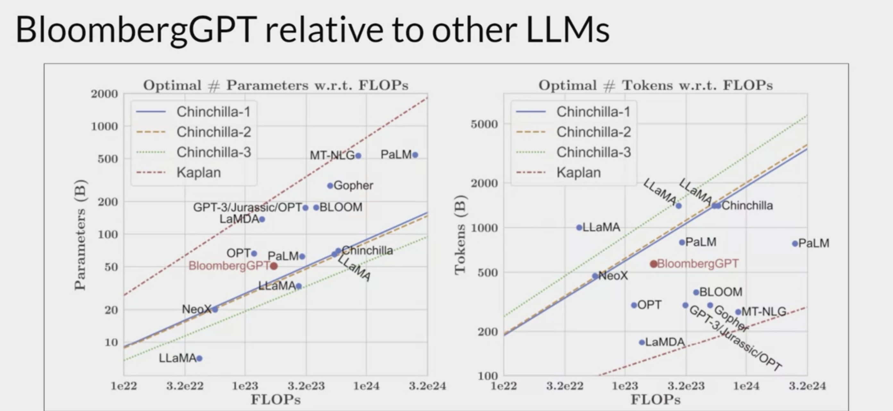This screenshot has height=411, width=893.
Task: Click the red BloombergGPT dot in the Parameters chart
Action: [x=273, y=266]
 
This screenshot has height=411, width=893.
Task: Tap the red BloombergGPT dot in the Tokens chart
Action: [x=654, y=264]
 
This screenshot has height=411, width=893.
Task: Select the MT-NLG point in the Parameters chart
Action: [x=358, y=156]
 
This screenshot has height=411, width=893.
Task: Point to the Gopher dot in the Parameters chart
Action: [x=330, y=186]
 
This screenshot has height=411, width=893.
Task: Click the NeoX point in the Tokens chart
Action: [x=595, y=276]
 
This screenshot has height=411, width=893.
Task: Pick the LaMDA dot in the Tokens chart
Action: [x=642, y=342]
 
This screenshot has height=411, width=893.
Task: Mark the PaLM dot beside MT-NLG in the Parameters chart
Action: [x=415, y=155]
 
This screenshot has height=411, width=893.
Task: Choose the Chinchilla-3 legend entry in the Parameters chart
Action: [x=213, y=152]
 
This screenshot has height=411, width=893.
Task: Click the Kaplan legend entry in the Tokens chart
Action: [x=579, y=172]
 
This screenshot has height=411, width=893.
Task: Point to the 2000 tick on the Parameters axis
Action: [x=104, y=94]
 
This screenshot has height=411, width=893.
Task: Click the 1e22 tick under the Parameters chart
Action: [x=124, y=386]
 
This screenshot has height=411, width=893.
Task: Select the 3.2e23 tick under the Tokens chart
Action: [x=686, y=386]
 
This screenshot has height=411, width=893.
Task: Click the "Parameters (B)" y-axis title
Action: [x=80, y=234]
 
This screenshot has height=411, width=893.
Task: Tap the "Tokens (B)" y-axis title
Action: [x=460, y=234]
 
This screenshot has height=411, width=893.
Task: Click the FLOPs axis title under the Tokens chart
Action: [x=655, y=399]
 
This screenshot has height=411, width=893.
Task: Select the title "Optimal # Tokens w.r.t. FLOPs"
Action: [x=655, y=85]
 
